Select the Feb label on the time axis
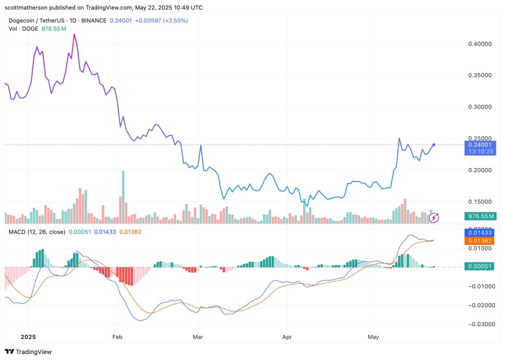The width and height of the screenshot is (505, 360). tap(117, 338)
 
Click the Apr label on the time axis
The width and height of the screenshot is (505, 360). tap(287, 338)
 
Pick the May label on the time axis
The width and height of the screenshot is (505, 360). tap(373, 338)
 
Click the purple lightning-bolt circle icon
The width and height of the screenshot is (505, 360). tap(434, 218)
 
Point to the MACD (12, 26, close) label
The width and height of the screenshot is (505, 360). tap(36, 232)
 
